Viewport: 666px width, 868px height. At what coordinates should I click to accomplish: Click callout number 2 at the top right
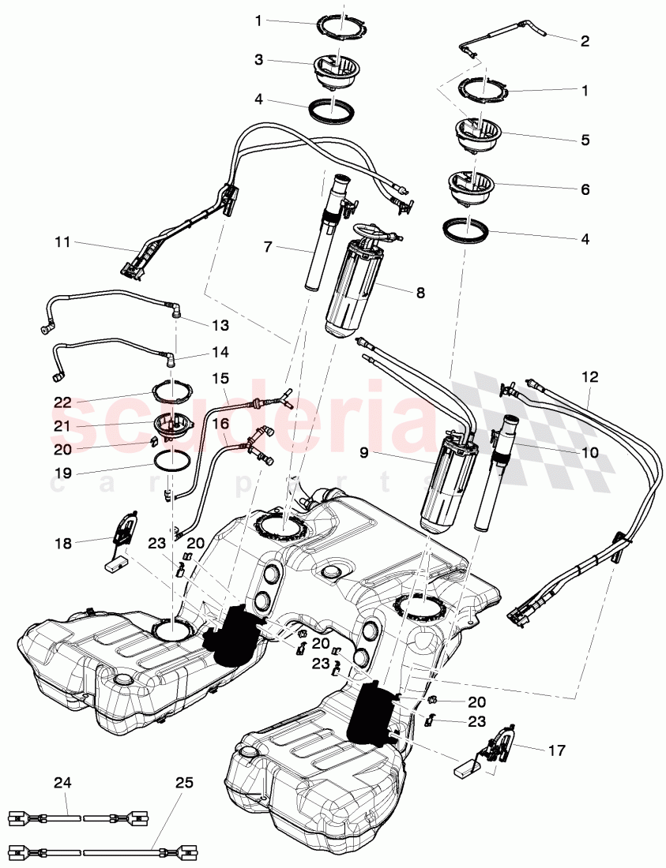click(x=585, y=41)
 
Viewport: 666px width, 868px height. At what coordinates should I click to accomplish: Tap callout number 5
click(x=585, y=140)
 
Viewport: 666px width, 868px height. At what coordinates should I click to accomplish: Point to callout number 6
click(x=585, y=189)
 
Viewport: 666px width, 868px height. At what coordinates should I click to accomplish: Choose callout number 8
click(x=420, y=292)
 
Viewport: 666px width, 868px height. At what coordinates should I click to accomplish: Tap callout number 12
click(x=590, y=377)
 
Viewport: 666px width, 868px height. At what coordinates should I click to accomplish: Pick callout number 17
click(x=556, y=750)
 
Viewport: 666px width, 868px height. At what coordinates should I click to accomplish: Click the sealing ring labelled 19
click(x=171, y=461)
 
